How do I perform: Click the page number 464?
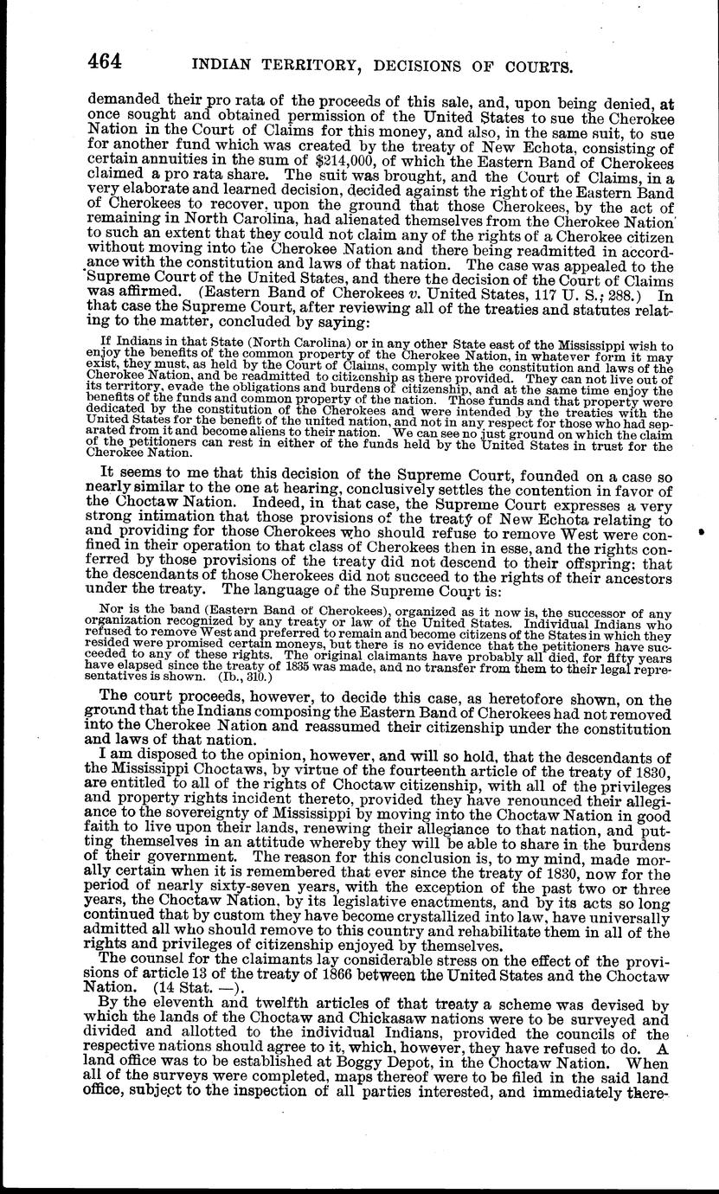(105, 62)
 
